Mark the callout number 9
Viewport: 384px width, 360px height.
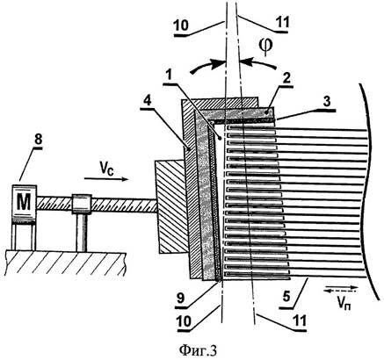click(x=180, y=297)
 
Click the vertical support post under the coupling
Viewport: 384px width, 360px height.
click(x=82, y=233)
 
